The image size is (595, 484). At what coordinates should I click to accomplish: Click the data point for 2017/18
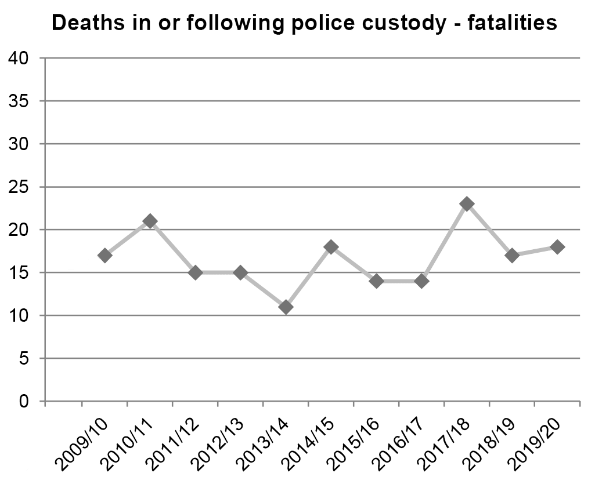(467, 204)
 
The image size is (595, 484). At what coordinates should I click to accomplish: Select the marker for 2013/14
(286, 307)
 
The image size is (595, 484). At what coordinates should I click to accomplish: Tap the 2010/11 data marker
(150, 221)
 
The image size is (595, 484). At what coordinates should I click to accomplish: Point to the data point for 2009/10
(105, 255)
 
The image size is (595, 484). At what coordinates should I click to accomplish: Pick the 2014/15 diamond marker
(331, 247)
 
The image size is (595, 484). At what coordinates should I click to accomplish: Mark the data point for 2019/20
(557, 247)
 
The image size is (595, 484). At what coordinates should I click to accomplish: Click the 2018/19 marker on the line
(512, 255)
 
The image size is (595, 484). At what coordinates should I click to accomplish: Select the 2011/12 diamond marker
(195, 272)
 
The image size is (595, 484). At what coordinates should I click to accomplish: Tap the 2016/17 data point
(421, 281)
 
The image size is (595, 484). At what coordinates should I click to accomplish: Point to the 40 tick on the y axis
(18, 59)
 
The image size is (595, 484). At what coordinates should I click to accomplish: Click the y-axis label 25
(18, 187)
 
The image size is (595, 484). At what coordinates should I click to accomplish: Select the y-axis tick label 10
(18, 315)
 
